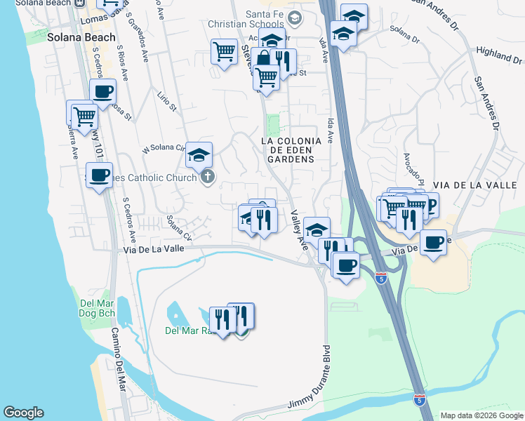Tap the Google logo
point(23,413)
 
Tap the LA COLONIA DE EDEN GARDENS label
point(291,149)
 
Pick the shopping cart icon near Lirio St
point(224,51)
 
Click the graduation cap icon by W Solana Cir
point(199,154)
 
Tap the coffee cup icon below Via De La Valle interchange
point(345,265)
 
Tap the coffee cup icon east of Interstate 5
point(434,243)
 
